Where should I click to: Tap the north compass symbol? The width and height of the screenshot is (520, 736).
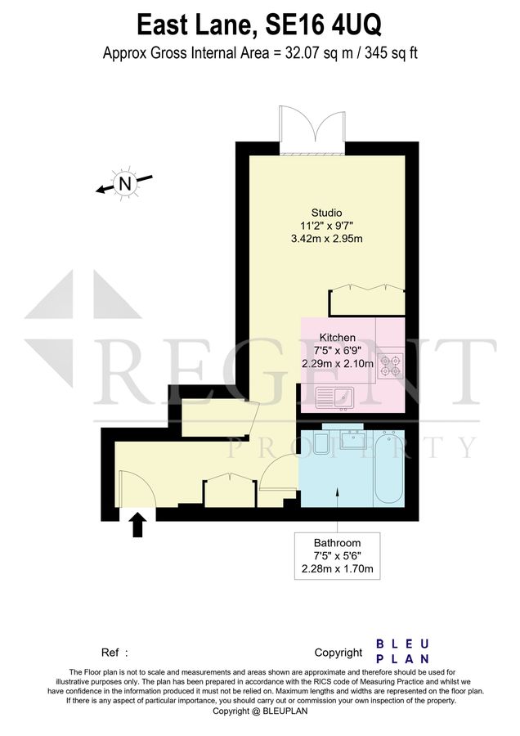tap(124, 185)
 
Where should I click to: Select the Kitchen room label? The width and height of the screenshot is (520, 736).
tap(337, 337)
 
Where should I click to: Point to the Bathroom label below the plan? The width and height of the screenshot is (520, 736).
tap(337, 543)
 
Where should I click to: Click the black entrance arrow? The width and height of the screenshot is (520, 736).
tap(137, 523)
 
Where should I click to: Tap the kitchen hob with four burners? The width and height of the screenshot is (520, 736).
tap(390, 364)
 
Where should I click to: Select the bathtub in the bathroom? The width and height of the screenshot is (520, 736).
tap(388, 470)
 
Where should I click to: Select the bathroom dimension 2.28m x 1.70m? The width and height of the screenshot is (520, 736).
tap(337, 569)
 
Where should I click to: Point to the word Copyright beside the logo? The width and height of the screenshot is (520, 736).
tap(338, 653)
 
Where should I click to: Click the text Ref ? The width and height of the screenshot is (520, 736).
tap(114, 653)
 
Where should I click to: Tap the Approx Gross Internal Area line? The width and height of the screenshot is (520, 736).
tap(259, 53)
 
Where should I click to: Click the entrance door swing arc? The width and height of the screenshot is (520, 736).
tap(136, 487)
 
